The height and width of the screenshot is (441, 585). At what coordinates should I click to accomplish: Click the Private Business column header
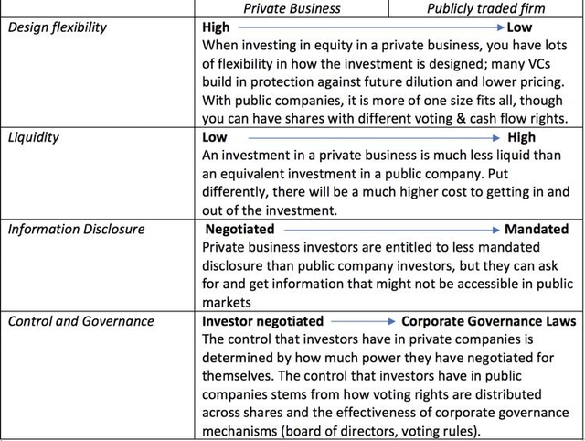pos(292,8)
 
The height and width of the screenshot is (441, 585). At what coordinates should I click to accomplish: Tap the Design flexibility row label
pos(58,27)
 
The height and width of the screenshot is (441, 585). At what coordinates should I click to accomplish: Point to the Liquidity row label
pos(34,137)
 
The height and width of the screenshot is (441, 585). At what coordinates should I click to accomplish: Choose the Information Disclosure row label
pos(76,230)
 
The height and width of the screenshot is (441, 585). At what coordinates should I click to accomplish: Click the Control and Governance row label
pos(80,321)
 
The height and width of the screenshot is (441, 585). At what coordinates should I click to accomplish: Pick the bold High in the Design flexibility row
pos(216,27)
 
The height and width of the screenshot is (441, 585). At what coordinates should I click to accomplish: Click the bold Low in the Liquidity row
pos(214,137)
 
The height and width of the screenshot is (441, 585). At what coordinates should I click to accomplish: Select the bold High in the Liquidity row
pos(521,137)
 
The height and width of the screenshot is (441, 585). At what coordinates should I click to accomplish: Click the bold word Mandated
pos(536,229)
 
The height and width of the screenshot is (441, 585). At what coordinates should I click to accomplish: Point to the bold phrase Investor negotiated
pos(262,321)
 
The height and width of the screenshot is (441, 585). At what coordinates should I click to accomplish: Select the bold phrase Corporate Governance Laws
pos(489,321)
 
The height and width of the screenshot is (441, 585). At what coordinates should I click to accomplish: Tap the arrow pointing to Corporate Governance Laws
pos(363,321)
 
